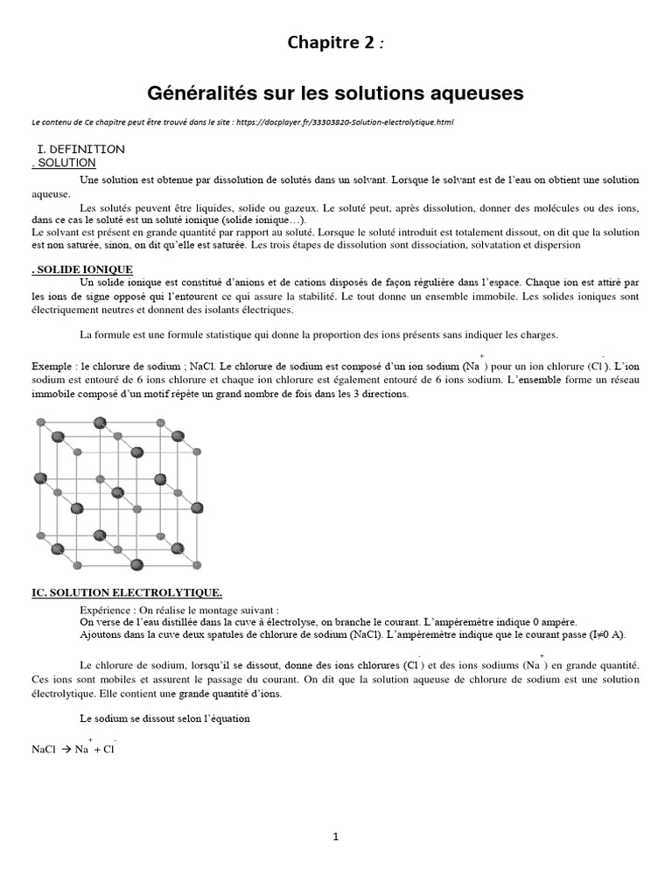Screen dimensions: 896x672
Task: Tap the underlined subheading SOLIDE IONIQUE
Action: click(x=85, y=269)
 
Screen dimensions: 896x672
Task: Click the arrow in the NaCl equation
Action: click(x=66, y=749)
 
